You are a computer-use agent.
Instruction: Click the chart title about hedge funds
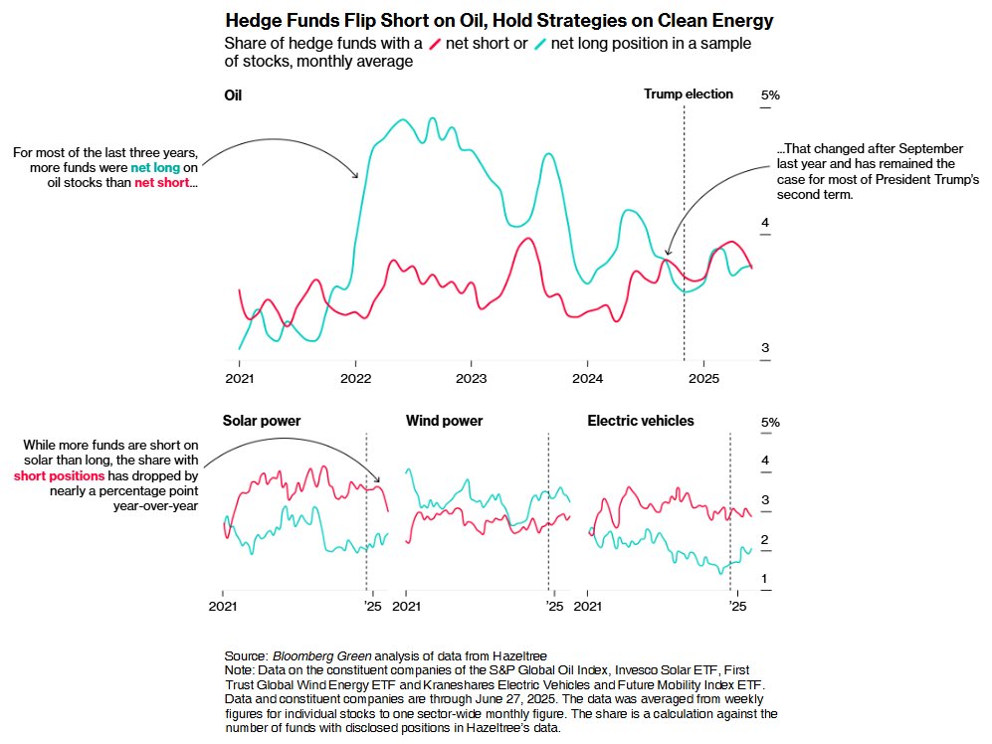click(498, 21)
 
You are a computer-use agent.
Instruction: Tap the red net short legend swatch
click(434, 44)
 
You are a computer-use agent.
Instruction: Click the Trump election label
click(688, 94)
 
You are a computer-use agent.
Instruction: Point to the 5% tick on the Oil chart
click(771, 96)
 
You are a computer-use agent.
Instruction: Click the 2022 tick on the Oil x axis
click(356, 378)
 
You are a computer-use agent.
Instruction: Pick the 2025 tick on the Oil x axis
click(702, 378)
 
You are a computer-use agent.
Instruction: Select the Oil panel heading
click(233, 95)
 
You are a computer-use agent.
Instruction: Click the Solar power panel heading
click(262, 421)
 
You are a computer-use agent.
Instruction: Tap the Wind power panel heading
click(444, 421)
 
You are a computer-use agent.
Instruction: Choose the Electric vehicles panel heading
click(641, 421)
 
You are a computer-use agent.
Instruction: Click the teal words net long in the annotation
click(154, 168)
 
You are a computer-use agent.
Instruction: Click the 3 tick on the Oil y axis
click(765, 348)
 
